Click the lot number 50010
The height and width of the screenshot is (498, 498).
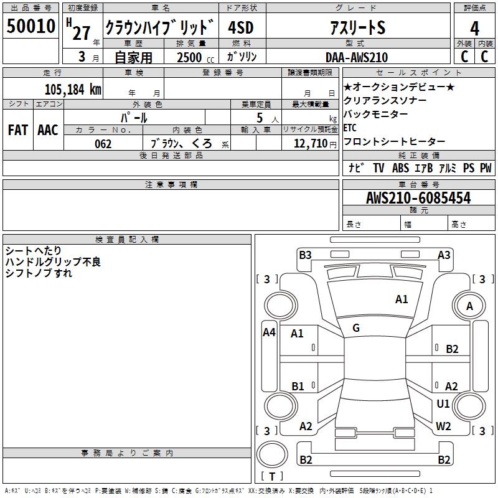[x=31, y=27]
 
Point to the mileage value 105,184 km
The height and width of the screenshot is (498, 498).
[x=73, y=89]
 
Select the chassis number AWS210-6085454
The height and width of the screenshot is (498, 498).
[x=418, y=198]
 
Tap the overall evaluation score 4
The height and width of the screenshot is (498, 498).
[x=474, y=28]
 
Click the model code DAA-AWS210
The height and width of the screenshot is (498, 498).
[x=356, y=57]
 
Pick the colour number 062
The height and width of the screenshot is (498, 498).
[x=103, y=144]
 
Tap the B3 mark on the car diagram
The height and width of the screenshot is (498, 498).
[x=305, y=255]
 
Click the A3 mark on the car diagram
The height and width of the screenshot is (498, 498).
[x=444, y=255]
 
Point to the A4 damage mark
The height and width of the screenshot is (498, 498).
[x=269, y=332]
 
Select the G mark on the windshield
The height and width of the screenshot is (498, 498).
[x=356, y=328]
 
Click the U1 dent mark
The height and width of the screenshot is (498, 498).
[x=443, y=404]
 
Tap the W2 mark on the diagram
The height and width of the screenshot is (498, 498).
[x=443, y=426]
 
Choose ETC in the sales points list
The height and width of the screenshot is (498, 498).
[x=350, y=128]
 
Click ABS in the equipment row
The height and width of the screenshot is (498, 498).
[x=401, y=167]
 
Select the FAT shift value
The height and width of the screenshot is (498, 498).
[x=17, y=130]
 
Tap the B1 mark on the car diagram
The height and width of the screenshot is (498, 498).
[x=298, y=387]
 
